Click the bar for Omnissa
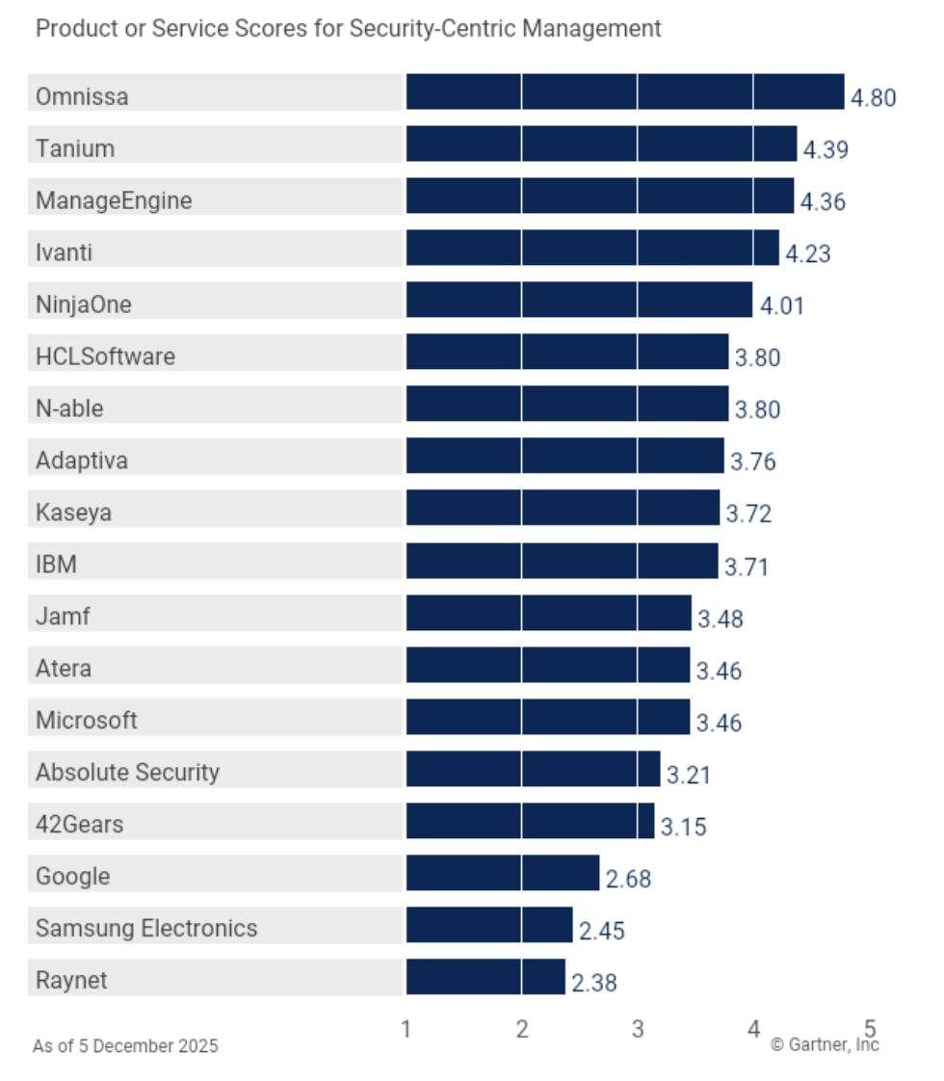[x=624, y=92]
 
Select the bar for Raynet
[x=485, y=977]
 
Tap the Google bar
[x=502, y=873]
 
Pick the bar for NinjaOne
[x=579, y=300]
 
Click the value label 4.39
[x=826, y=149]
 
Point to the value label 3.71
[x=747, y=566]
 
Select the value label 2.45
[x=602, y=930]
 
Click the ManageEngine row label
[x=114, y=200]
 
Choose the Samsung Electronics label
[x=146, y=928]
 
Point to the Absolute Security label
[x=127, y=772]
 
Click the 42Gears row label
[x=79, y=824]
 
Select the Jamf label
[x=63, y=616]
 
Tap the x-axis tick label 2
[x=522, y=1029]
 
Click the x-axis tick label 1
[x=406, y=1029]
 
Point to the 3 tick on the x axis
[x=638, y=1029]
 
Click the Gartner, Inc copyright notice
[x=825, y=1044]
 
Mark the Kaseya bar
[x=563, y=508]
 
